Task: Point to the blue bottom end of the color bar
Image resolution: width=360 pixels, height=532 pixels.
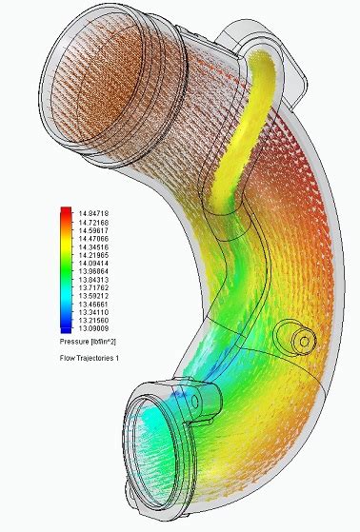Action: point(65,327)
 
